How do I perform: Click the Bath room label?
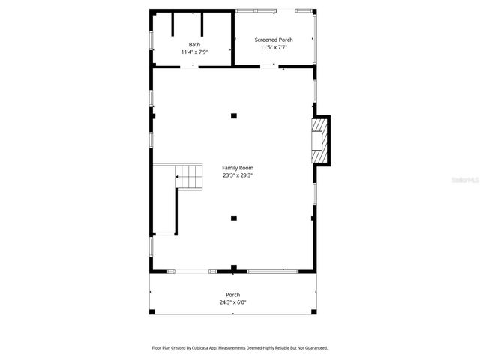coord(194,45)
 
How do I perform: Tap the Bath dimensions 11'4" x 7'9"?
coord(194,52)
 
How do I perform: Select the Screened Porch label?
coord(274,40)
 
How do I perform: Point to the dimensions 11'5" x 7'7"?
coord(274,47)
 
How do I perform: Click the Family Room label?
coord(238,168)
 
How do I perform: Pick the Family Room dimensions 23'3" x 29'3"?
coord(238,175)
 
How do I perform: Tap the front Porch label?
coord(233,295)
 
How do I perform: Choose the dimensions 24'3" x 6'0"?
coord(233,302)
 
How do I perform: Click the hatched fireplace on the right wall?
coord(321,140)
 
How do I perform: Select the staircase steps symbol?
coord(190,178)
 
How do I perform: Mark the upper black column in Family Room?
coord(234,115)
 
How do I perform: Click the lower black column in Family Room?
coord(234,218)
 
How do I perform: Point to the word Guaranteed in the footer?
coord(313,348)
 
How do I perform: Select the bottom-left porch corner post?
coord(151,312)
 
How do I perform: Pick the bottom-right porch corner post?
coord(316,312)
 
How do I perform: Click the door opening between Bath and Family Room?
coord(193,67)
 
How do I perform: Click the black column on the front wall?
coord(234,268)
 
